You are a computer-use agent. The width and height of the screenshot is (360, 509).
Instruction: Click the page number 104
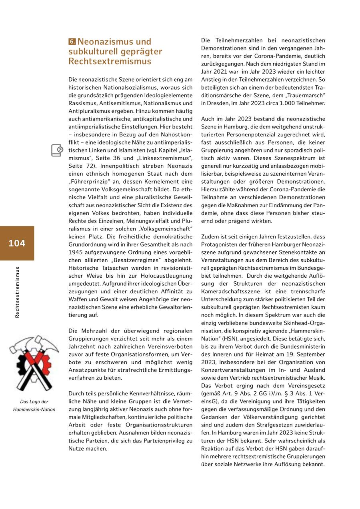pos(17,243)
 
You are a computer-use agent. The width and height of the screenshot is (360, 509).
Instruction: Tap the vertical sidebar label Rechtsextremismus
pos(17,292)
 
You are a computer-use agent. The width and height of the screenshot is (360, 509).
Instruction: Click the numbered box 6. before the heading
pos(72,42)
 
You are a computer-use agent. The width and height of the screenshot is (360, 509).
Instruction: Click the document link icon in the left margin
pos(57,150)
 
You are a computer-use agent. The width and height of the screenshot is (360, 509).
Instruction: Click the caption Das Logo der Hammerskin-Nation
pos(34,405)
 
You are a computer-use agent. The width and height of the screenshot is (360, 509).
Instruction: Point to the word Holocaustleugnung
pos(167,276)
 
